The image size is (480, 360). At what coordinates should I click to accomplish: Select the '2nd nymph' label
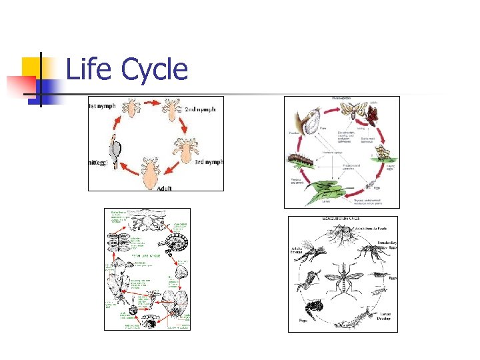(199, 109)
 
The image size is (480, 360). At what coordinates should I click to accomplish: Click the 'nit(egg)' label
(100, 163)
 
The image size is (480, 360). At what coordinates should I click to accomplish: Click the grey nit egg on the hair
(116, 149)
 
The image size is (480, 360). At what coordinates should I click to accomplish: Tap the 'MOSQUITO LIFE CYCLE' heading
(341, 219)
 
